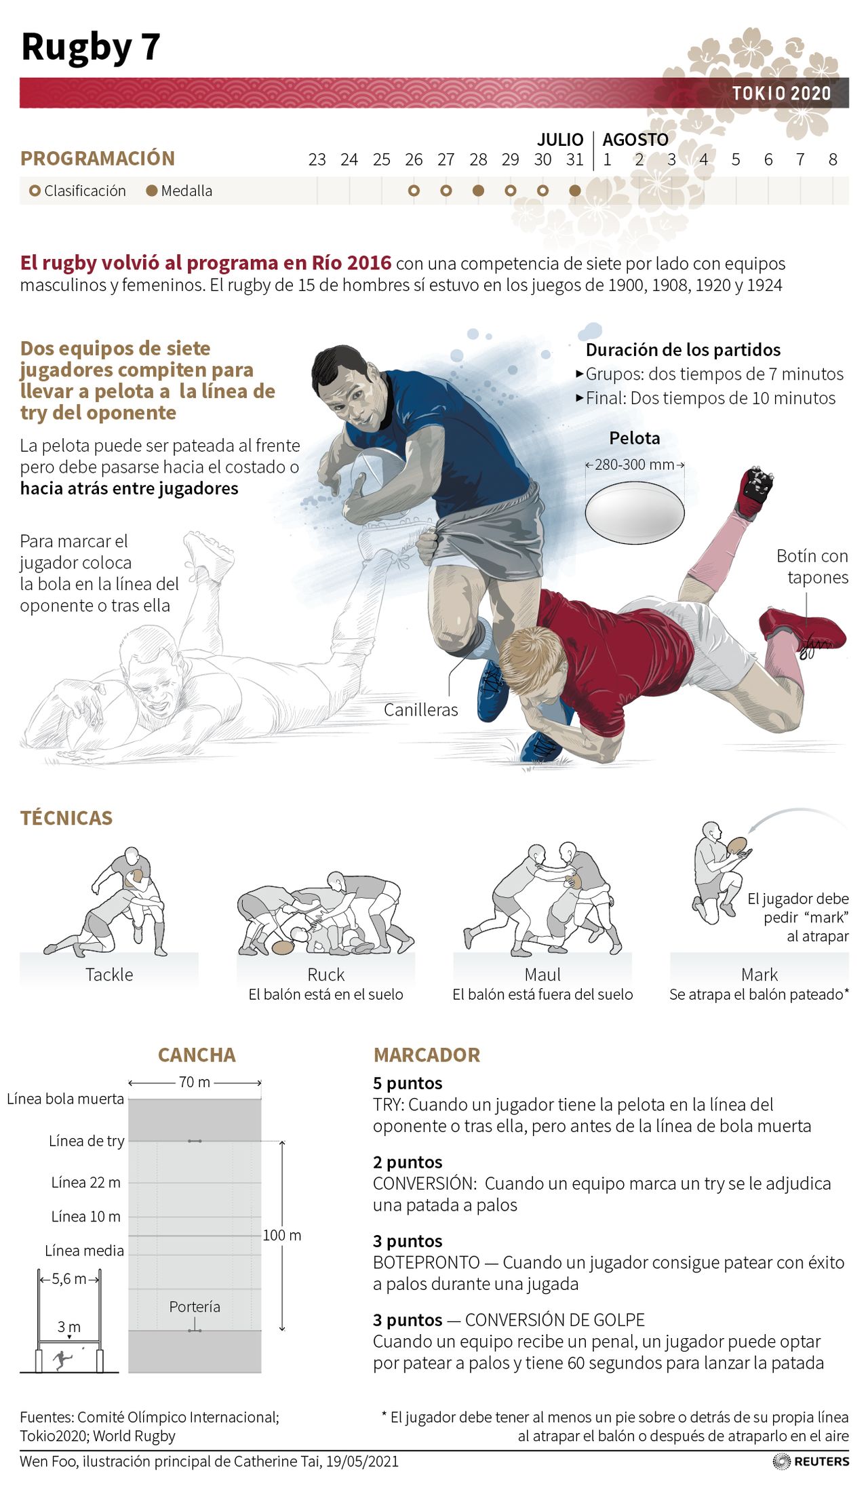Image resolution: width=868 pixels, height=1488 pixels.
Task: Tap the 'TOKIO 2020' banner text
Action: point(781,93)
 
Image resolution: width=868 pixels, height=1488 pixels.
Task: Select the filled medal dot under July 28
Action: point(478,191)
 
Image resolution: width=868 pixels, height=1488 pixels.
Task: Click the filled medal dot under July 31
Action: point(575,191)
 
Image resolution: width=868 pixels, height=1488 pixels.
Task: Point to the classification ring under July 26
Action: point(414,191)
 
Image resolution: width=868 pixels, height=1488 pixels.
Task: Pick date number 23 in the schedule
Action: point(317,159)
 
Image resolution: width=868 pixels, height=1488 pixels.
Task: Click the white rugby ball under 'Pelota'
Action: point(635,512)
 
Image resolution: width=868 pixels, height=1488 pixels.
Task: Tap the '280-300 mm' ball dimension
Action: point(635,465)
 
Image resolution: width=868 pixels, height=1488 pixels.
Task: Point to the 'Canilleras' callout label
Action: point(420,709)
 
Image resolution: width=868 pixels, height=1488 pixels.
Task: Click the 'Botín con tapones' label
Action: point(812,566)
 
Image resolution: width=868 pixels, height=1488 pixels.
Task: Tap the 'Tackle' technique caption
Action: point(109,975)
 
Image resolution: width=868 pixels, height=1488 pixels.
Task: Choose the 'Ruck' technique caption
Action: point(325,975)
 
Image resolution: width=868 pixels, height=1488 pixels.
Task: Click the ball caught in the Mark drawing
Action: point(736,846)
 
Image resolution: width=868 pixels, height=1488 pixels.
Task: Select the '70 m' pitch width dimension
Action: point(195,1082)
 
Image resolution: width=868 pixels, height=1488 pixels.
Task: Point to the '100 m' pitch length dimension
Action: point(282,1235)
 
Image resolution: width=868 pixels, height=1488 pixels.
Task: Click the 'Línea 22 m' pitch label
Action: point(86,1182)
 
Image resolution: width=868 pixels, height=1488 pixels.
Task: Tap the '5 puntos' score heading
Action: point(408,1083)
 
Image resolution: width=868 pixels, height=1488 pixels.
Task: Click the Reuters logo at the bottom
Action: point(811,1461)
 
